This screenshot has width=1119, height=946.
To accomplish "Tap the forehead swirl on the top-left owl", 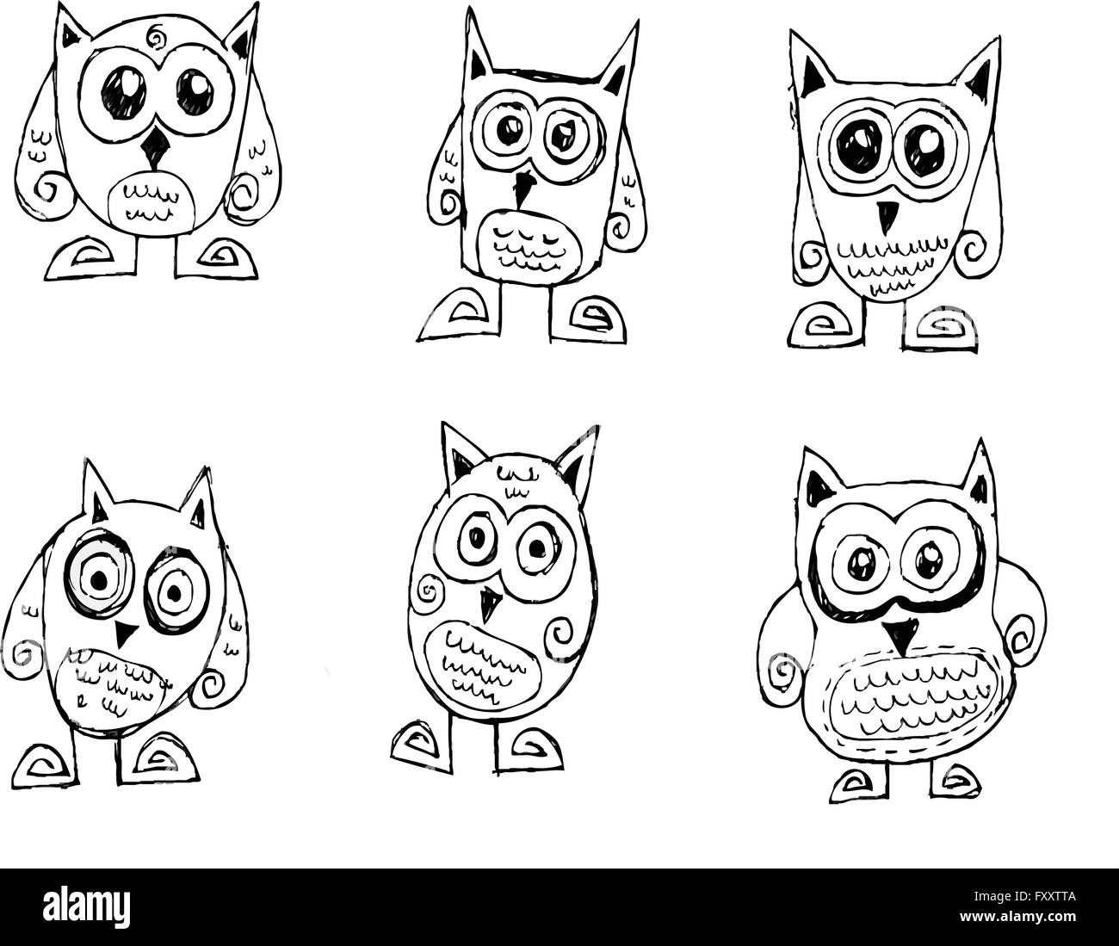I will click(158, 38).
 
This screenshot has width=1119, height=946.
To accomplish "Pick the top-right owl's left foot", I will click(821, 328).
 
